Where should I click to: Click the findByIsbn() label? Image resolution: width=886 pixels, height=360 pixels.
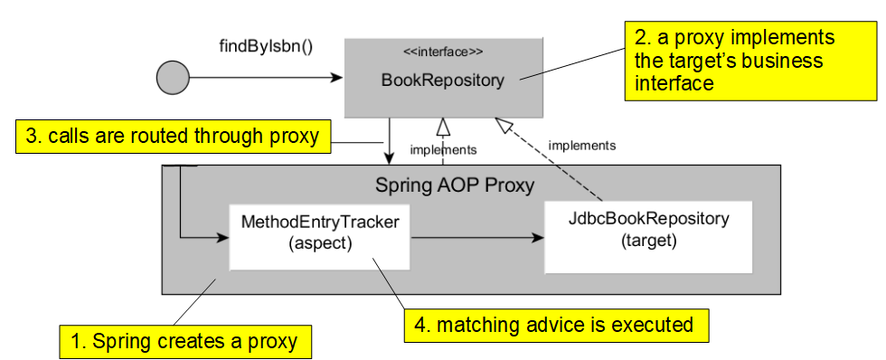click(266, 45)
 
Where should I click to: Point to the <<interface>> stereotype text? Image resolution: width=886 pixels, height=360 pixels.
click(442, 52)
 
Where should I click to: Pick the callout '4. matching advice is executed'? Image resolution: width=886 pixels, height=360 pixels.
click(561, 323)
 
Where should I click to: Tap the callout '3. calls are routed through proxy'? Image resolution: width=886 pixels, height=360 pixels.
click(172, 137)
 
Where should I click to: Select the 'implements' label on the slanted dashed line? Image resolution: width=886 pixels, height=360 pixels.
click(582, 145)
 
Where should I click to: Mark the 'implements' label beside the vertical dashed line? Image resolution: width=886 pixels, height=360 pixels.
click(443, 149)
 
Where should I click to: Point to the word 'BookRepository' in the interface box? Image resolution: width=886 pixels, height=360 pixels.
click(442, 81)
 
